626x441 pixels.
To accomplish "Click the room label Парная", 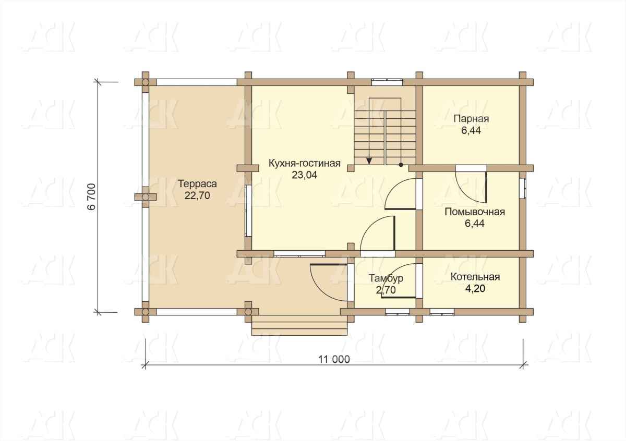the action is pyautogui.click(x=471, y=119).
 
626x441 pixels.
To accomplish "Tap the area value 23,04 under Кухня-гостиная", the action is pyautogui.click(x=305, y=175).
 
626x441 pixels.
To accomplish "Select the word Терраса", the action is pyautogui.click(x=197, y=184).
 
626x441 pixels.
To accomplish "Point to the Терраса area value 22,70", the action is pyautogui.click(x=197, y=196).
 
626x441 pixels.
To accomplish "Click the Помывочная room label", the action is pyautogui.click(x=475, y=212).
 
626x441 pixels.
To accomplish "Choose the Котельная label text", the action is pyautogui.click(x=475, y=277).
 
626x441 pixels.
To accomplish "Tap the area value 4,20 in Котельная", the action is pyautogui.click(x=475, y=288).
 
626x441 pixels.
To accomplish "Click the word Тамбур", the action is pyautogui.click(x=386, y=278).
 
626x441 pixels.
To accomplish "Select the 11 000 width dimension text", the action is pyautogui.click(x=334, y=360).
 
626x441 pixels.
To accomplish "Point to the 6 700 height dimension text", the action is pyautogui.click(x=92, y=197).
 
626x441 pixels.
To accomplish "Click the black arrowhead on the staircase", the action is pyautogui.click(x=369, y=161).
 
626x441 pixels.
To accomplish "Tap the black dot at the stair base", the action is pyautogui.click(x=401, y=165).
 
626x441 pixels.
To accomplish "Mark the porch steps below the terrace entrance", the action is pyautogui.click(x=299, y=325).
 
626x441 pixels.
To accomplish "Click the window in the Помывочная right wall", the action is pyautogui.click(x=523, y=188).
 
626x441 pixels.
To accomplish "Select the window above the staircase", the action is pyautogui.click(x=387, y=82).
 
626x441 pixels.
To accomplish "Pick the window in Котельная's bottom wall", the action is pyautogui.click(x=442, y=312).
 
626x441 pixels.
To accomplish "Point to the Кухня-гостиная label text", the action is pyautogui.click(x=305, y=163).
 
